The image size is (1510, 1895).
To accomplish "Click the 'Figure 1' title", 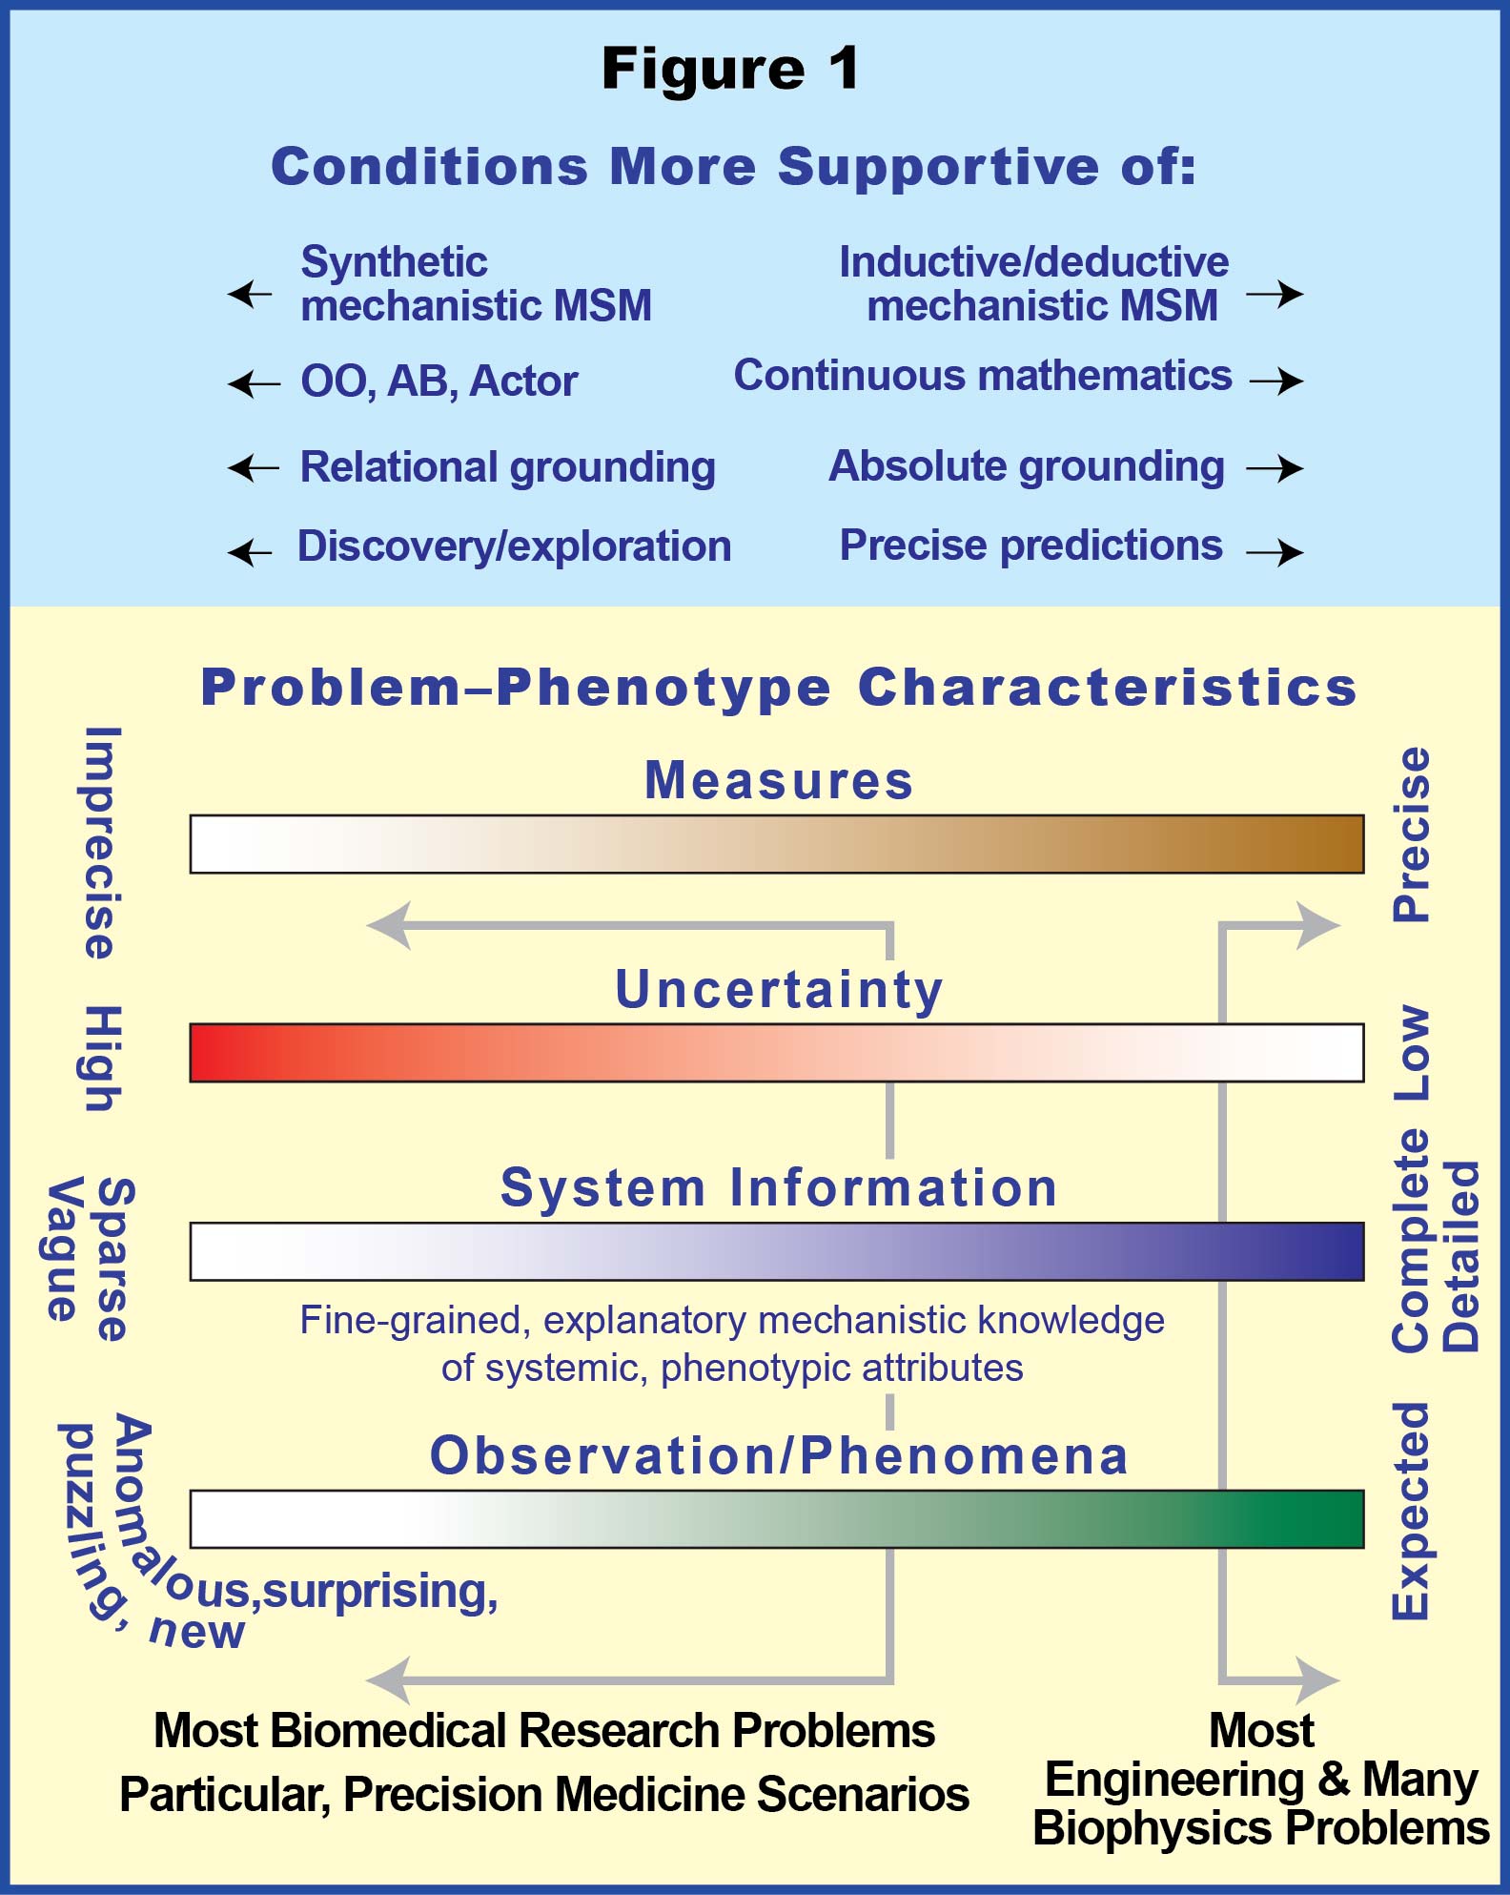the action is coord(730,70).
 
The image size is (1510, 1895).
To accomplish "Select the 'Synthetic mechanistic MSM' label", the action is coord(476,283).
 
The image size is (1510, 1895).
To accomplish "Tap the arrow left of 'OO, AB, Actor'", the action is coord(255,384).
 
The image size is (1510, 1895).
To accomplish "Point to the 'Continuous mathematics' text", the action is coord(983,375).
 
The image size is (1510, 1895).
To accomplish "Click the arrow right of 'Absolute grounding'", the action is coord(1275,467).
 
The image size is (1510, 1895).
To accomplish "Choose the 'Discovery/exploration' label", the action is coord(515,546).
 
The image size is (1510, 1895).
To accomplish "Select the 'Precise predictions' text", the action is coord(1030,546).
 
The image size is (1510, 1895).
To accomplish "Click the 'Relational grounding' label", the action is coord(508,467).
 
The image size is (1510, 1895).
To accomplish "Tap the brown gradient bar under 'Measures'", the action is coord(777,844).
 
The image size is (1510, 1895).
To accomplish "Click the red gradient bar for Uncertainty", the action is coord(777,1053).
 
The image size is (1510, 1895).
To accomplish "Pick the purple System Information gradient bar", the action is coord(777,1251).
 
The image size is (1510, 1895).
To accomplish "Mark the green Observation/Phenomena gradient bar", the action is coord(777,1518).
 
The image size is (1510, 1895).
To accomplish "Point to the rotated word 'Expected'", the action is coord(1412,1511).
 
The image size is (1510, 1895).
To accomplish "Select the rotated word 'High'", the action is coord(100,1058).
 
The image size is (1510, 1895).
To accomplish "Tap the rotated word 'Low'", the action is coord(1412,1054).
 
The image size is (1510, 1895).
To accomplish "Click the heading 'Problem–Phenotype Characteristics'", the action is coord(779,688).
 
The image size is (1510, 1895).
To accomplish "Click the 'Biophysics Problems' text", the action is coord(1261,1828).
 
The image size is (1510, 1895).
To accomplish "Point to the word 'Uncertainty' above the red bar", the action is coord(779,989).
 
